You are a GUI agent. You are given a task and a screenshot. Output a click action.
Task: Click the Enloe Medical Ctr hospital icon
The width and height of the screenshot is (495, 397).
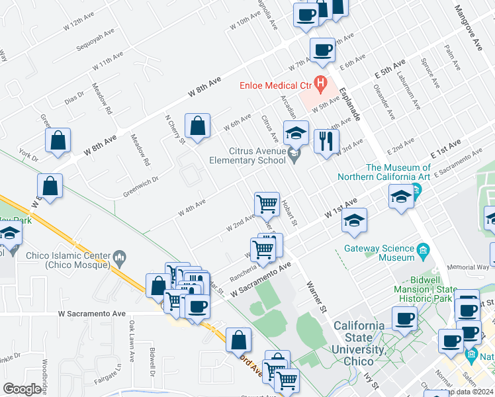point(321,83)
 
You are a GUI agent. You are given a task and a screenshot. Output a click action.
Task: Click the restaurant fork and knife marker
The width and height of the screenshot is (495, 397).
point(326,142)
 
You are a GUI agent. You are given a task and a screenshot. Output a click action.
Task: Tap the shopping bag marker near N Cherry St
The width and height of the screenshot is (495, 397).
point(198,126)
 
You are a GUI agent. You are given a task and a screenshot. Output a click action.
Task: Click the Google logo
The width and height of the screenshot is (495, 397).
point(22,389)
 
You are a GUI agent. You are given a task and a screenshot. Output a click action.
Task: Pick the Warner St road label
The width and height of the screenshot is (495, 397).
point(317,296)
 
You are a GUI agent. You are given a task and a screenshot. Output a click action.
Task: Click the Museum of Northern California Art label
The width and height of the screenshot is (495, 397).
point(384,173)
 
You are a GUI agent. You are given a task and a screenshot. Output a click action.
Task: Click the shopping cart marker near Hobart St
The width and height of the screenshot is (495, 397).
point(267,204)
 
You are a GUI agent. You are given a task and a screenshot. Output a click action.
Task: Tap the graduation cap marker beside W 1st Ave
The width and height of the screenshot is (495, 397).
point(355,220)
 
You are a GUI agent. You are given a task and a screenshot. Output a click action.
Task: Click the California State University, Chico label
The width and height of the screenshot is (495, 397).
point(358,337)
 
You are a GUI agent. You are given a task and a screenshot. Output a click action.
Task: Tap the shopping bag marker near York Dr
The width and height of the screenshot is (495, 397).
point(58,141)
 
